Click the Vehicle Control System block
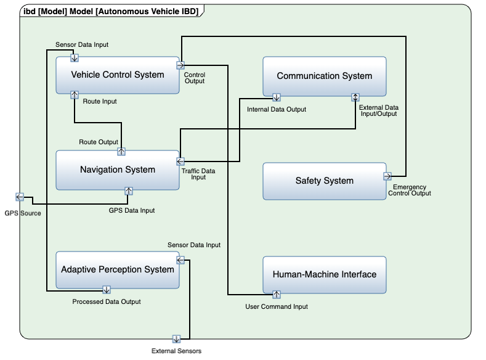tap(118, 75)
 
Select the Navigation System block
tap(118, 170)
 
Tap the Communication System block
tap(324, 76)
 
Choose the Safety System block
tap(324, 181)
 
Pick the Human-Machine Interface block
tap(324, 274)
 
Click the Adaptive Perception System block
tap(118, 269)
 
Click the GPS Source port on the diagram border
tap(19, 197)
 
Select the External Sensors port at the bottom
tap(176, 339)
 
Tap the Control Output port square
tap(180, 65)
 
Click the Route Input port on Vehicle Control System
tap(75, 94)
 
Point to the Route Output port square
tap(121, 150)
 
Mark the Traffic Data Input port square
tap(180, 162)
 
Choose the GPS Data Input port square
tap(129, 190)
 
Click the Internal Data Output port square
tap(277, 97)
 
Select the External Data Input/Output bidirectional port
tap(355, 97)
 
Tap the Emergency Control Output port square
tap(387, 175)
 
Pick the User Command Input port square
tap(277, 294)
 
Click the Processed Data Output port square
tap(106, 289)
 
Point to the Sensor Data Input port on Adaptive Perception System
tap(180, 262)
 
